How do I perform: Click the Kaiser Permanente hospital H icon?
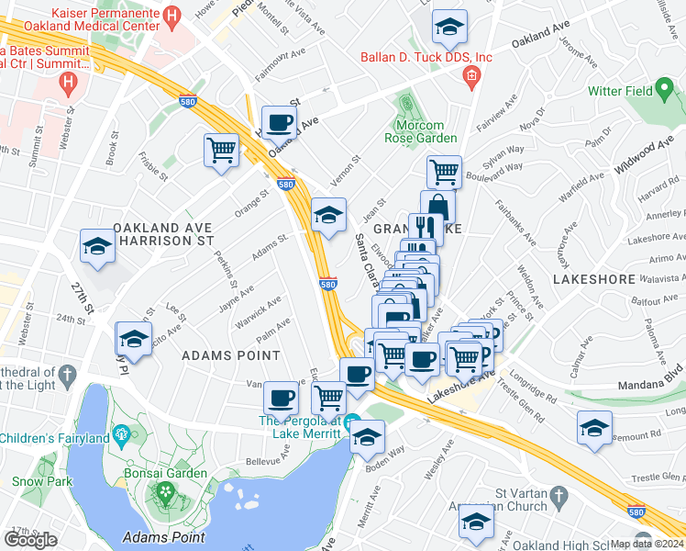click(x=171, y=16)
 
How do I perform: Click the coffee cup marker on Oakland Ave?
click(x=279, y=122)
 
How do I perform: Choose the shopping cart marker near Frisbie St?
click(x=222, y=150)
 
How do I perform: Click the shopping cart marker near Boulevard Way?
click(x=444, y=171)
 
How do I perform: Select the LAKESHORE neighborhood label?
click(x=592, y=278)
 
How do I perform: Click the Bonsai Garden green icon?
click(x=166, y=492)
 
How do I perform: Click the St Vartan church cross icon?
click(x=557, y=500)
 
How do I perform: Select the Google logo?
click(x=30, y=540)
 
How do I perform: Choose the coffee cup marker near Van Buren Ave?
click(x=281, y=398)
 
